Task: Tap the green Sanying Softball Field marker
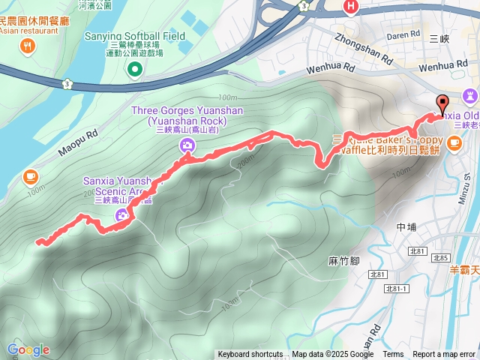(135, 70)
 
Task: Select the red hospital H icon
(350, 7)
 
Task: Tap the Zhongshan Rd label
(364, 49)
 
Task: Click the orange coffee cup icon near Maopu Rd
(29, 176)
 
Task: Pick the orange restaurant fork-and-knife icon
(28, 47)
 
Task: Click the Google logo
(28, 349)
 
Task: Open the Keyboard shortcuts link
(250, 355)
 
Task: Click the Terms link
(393, 355)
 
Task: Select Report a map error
(445, 355)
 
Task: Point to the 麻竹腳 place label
(344, 261)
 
